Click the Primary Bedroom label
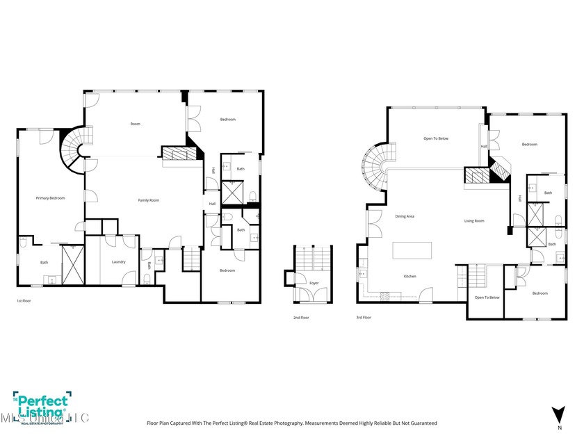click(50, 198)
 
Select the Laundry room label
click(118, 261)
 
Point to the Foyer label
click(304, 283)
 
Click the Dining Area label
click(405, 216)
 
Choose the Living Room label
click(474, 221)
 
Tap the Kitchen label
click(410, 277)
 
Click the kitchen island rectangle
click(412, 250)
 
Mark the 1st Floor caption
click(24, 301)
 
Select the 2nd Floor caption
click(300, 317)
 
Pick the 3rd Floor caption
click(363, 317)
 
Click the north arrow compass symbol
click(556, 414)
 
